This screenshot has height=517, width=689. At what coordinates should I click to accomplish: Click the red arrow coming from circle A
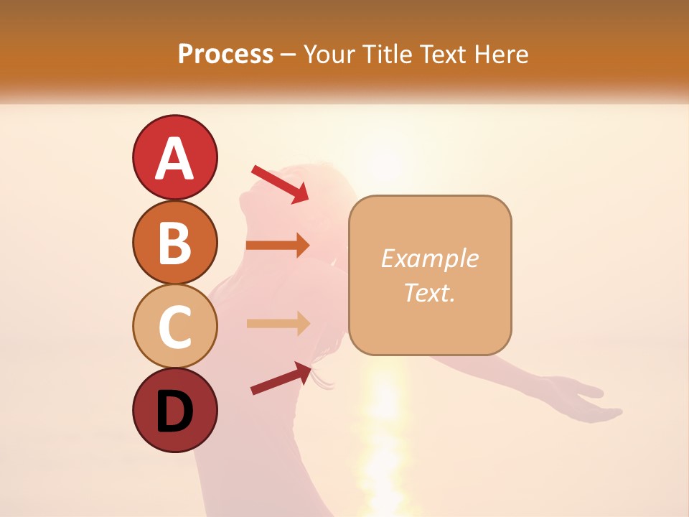tap(280, 184)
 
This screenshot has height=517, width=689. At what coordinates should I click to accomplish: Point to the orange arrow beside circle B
tap(278, 246)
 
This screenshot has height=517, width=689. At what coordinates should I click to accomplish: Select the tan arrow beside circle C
tap(278, 323)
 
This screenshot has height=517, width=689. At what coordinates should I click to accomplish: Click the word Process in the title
tap(225, 54)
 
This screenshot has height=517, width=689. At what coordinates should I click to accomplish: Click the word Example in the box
tap(429, 258)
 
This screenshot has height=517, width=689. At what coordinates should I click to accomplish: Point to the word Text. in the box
tap(429, 292)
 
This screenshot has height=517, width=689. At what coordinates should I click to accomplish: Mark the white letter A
tap(174, 159)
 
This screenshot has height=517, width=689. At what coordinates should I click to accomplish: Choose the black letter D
tap(174, 412)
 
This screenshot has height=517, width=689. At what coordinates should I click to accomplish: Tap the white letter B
tap(174, 243)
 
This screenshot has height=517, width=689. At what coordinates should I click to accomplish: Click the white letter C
tap(174, 327)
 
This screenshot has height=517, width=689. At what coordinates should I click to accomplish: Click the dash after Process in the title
tap(289, 55)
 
